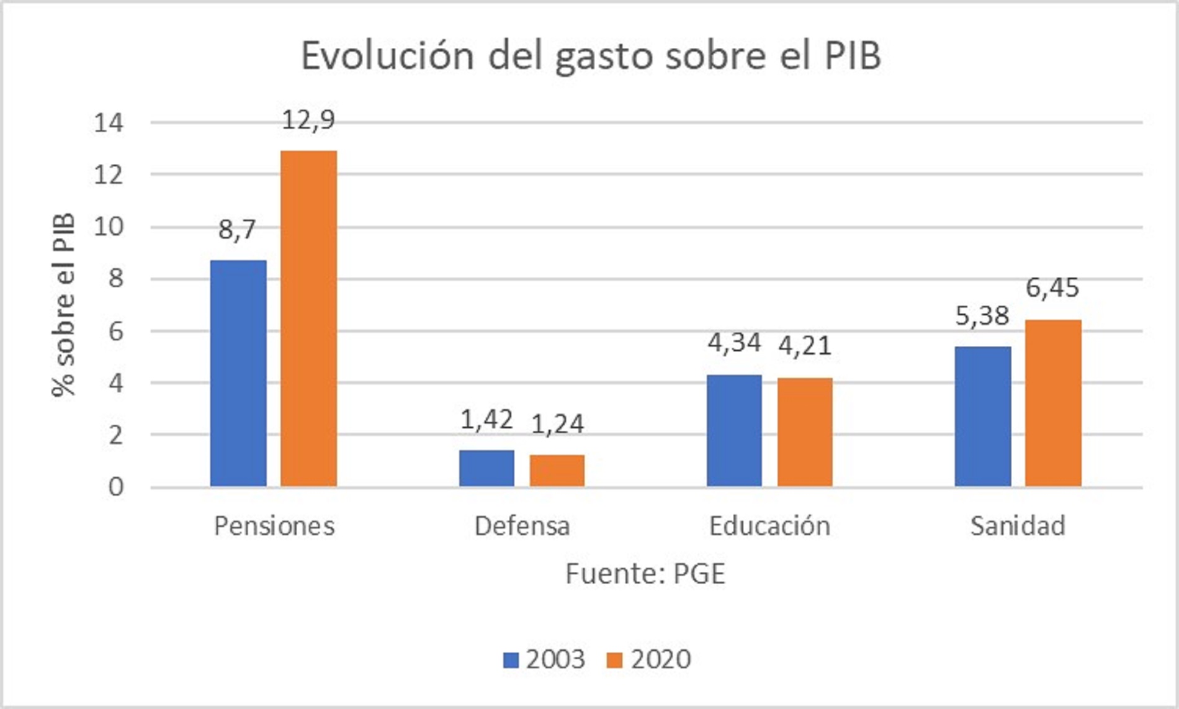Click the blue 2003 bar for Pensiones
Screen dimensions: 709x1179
pos(238,373)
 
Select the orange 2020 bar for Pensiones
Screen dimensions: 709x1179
pos(308,318)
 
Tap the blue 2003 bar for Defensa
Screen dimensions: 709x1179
pos(486,468)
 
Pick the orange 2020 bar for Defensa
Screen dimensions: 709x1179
pos(557,471)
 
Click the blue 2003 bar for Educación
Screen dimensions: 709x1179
pos(734,430)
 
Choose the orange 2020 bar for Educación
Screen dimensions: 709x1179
pos(805,432)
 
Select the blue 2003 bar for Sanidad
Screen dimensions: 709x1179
pos(982,417)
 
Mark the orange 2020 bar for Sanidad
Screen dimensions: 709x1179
pos(1053,403)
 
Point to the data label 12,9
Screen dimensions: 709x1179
pos(308,120)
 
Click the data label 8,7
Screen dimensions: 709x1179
pos(237,230)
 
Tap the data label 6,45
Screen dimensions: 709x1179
pos(1052,288)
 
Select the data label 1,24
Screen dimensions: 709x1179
pos(557,424)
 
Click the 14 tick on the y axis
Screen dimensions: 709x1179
pos(109,123)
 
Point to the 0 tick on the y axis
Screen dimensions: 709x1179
pos(116,487)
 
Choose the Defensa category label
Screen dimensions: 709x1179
pos(522,526)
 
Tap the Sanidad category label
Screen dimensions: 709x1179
pos(1018,526)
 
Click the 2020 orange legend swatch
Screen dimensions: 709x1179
pos(614,660)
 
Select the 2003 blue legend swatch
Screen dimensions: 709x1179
pos(511,660)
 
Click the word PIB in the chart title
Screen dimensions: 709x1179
pos(853,56)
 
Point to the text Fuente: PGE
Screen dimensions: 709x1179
pos(645,574)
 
